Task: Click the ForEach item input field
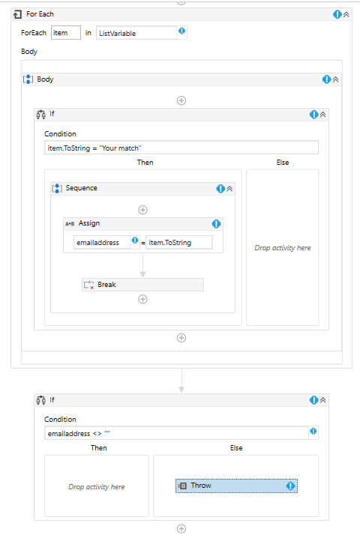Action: tap(65, 33)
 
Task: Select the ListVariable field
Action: tap(136, 33)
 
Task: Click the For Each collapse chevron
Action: tap(346, 14)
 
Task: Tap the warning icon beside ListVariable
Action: tap(181, 31)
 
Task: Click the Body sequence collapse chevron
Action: tap(335, 79)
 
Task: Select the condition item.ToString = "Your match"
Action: tap(181, 148)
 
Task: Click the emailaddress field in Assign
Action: tap(102, 243)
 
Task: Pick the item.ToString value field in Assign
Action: tap(179, 243)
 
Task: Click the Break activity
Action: tap(142, 285)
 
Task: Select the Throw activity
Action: tap(236, 486)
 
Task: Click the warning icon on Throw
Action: tap(290, 486)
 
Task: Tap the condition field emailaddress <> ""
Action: tap(176, 433)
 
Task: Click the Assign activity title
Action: tap(89, 223)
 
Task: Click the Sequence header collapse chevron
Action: tap(229, 189)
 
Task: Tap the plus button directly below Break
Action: tap(143, 299)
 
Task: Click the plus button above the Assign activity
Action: tap(143, 210)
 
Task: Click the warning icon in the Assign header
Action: tap(216, 224)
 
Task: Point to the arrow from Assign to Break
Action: tap(143, 265)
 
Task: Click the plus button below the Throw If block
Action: tap(181, 529)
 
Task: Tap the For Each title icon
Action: tap(17, 14)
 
